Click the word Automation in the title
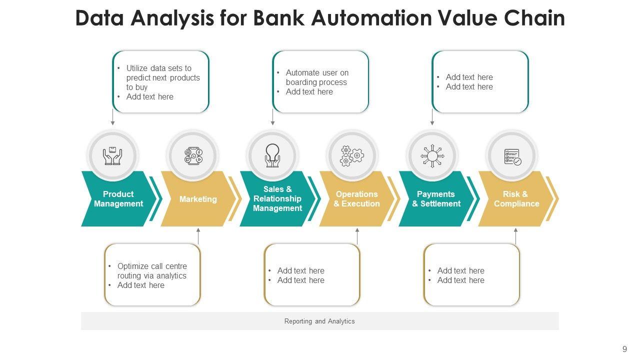371,18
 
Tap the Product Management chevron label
118,199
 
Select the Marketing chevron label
198,199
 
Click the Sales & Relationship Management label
277,198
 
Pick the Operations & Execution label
357,199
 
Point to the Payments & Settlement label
436,199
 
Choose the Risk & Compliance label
516,199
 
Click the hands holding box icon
112,156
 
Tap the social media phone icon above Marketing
193,156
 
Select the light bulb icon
272,155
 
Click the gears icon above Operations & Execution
351,156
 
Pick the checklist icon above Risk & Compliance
512,157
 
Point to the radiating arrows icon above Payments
432,156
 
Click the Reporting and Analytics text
319,321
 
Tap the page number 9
624,349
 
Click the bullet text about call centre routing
152,271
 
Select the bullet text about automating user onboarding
317,77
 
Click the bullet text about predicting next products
163,77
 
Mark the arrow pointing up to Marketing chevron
198,236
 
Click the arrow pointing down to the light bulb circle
273,117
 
